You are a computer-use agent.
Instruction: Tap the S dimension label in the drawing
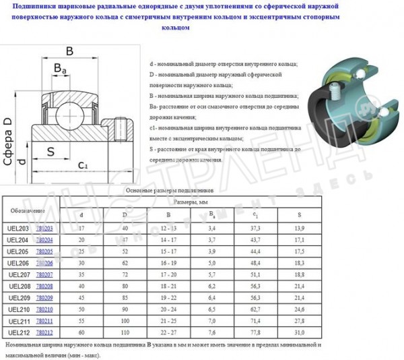[50, 150]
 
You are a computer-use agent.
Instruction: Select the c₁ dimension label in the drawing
[82, 164]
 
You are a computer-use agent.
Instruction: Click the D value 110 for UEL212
[123, 332]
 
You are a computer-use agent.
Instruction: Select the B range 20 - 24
[168, 309]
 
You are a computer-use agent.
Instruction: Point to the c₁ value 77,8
[255, 332]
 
